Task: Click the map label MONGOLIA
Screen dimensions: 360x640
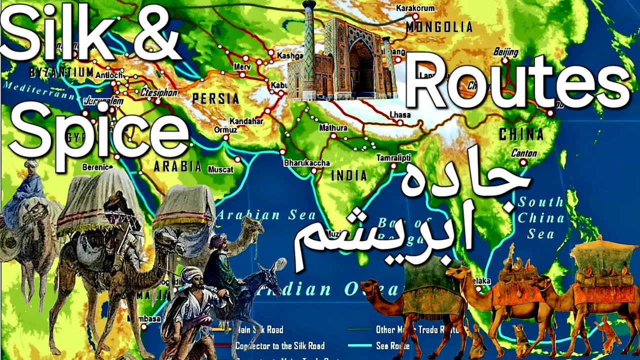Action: pyautogui.click(x=439, y=26)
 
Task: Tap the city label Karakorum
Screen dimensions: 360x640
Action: pyautogui.click(x=415, y=8)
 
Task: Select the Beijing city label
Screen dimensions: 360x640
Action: pyautogui.click(x=505, y=52)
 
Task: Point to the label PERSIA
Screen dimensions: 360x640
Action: pyautogui.click(x=216, y=98)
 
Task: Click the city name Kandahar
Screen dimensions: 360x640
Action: pyautogui.click(x=246, y=121)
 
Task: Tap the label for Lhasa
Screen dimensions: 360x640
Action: pyautogui.click(x=400, y=115)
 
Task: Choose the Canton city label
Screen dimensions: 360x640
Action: pyautogui.click(x=524, y=153)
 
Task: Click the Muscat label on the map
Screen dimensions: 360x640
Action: pyautogui.click(x=220, y=169)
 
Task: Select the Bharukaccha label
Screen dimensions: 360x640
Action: pyautogui.click(x=306, y=163)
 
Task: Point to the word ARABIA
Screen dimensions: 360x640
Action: pyautogui.click(x=177, y=166)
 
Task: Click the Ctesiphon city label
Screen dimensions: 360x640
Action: pyautogui.click(x=158, y=92)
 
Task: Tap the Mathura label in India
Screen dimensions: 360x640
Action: pyautogui.click(x=333, y=128)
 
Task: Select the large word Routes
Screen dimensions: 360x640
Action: pyautogui.click(x=517, y=82)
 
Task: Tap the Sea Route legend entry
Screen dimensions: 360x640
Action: pyautogui.click(x=392, y=345)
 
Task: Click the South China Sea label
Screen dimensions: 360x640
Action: pyautogui.click(x=540, y=218)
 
